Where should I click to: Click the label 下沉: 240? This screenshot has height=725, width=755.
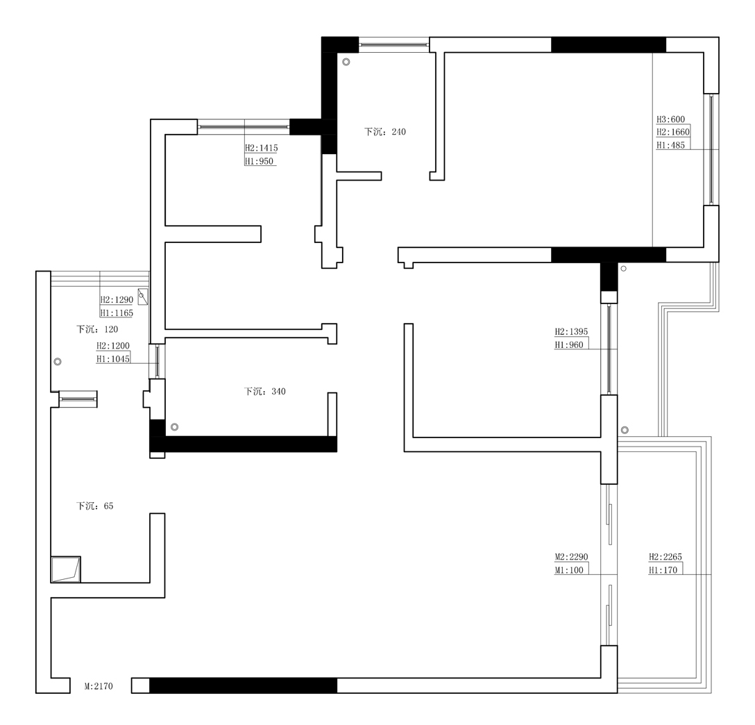click(x=384, y=132)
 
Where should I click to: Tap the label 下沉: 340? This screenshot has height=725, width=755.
click(x=264, y=392)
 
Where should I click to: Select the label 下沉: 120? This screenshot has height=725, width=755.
click(x=96, y=329)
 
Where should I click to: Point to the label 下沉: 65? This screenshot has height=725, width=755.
click(x=94, y=506)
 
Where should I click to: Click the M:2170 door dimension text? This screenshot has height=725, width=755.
click(x=99, y=686)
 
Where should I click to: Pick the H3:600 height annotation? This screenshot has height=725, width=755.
click(x=671, y=119)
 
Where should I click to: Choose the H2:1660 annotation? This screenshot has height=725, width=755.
click(x=673, y=132)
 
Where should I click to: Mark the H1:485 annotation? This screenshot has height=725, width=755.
click(x=671, y=145)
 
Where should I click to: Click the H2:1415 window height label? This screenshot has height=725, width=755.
click(x=262, y=149)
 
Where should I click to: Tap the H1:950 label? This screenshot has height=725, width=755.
click(x=259, y=161)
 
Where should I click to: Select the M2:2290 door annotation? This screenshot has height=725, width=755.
click(x=572, y=557)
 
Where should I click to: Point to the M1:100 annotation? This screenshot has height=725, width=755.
click(x=569, y=570)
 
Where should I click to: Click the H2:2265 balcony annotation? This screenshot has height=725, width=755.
click(x=665, y=557)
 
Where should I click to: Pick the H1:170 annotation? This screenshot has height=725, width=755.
click(x=663, y=570)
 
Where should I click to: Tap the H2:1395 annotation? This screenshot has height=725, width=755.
click(x=572, y=332)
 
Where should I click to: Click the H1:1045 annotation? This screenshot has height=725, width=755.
click(x=113, y=359)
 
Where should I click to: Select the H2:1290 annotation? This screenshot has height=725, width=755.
click(x=117, y=299)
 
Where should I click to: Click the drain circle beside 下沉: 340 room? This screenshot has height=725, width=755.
click(x=175, y=427)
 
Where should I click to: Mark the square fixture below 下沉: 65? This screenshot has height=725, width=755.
click(x=66, y=569)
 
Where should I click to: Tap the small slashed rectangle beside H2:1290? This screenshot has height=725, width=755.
click(x=142, y=297)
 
